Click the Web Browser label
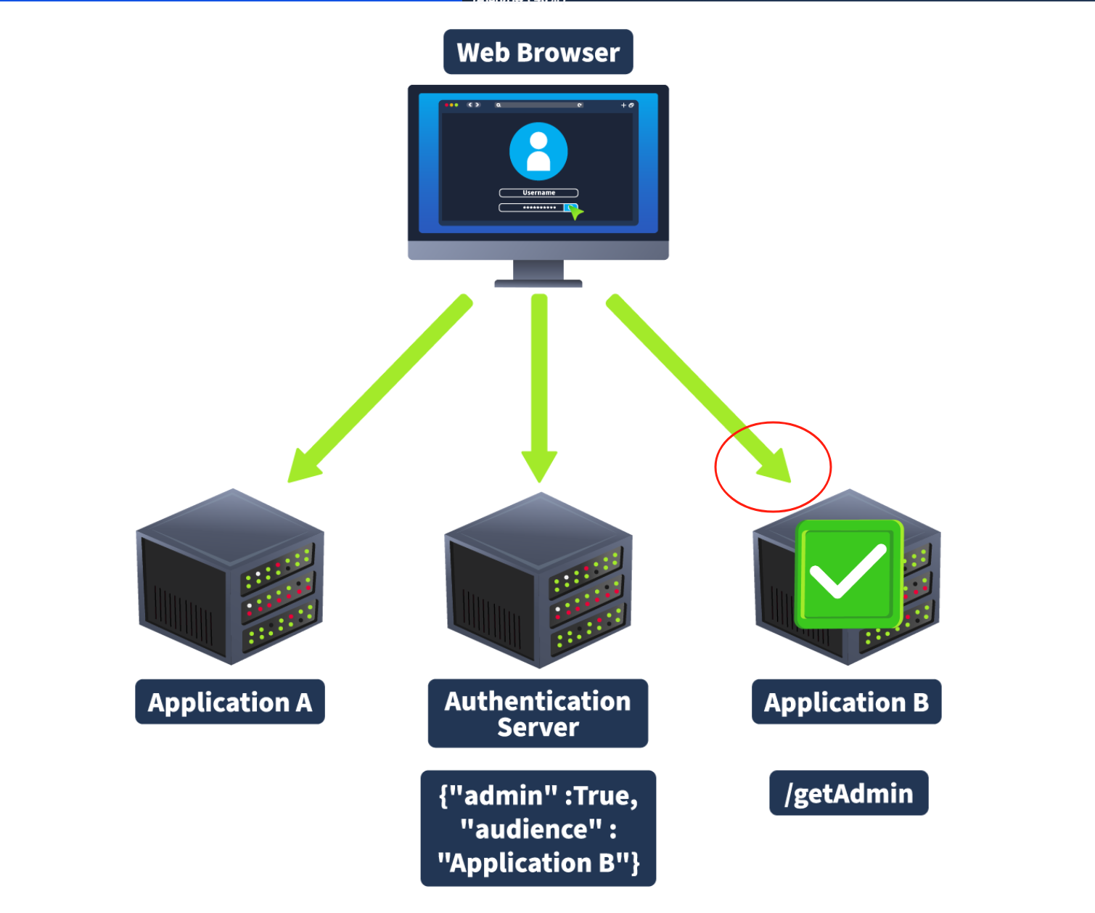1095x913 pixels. pyautogui.click(x=538, y=52)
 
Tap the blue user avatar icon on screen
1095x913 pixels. pyautogui.click(x=538, y=151)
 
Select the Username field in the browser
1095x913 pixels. pyautogui.click(x=538, y=193)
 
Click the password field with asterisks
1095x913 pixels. pyautogui.click(x=533, y=208)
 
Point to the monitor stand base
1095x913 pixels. pyautogui.click(x=538, y=283)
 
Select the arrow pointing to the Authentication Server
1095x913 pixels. pyautogui.click(x=539, y=385)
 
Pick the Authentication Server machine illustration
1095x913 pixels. pyautogui.click(x=538, y=581)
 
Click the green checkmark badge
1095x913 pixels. pyautogui.click(x=848, y=573)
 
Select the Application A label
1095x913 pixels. pyautogui.click(x=230, y=702)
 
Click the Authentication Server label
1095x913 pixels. pyautogui.click(x=538, y=713)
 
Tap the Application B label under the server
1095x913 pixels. pyautogui.click(x=846, y=702)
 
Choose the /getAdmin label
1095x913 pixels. pyautogui.click(x=848, y=793)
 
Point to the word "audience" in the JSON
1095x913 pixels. pyautogui.click(x=532, y=829)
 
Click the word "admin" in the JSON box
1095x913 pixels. pyautogui.click(x=501, y=796)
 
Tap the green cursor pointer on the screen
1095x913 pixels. pyautogui.click(x=575, y=212)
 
